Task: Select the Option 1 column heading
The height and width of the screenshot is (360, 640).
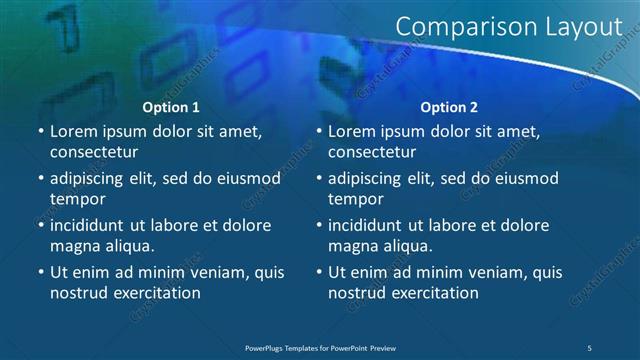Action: click(171, 107)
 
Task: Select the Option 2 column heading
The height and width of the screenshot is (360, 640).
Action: click(449, 107)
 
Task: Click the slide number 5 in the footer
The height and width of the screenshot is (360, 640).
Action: click(590, 347)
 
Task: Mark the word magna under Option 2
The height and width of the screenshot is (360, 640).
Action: click(352, 246)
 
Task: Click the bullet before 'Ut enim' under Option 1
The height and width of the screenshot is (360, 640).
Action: click(40, 272)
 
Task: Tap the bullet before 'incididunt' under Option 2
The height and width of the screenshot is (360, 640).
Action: click(318, 225)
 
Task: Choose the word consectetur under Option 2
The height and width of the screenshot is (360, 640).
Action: click(372, 152)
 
